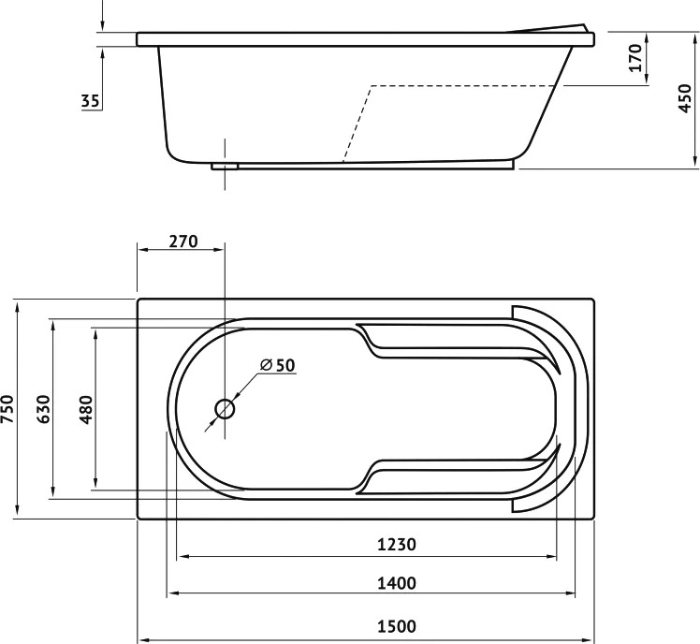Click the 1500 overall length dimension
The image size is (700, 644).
[x=397, y=626]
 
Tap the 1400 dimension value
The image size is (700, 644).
[x=397, y=583]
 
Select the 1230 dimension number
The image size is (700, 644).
[x=397, y=545]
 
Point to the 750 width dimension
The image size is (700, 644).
[x=7, y=409]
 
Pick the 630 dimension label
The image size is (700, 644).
[x=43, y=409]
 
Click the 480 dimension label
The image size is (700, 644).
[x=85, y=409]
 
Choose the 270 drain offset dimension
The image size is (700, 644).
[x=183, y=241]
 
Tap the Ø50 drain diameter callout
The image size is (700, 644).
[x=278, y=365]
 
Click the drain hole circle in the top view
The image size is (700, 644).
[x=225, y=409]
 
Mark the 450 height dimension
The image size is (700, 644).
[x=685, y=98]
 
